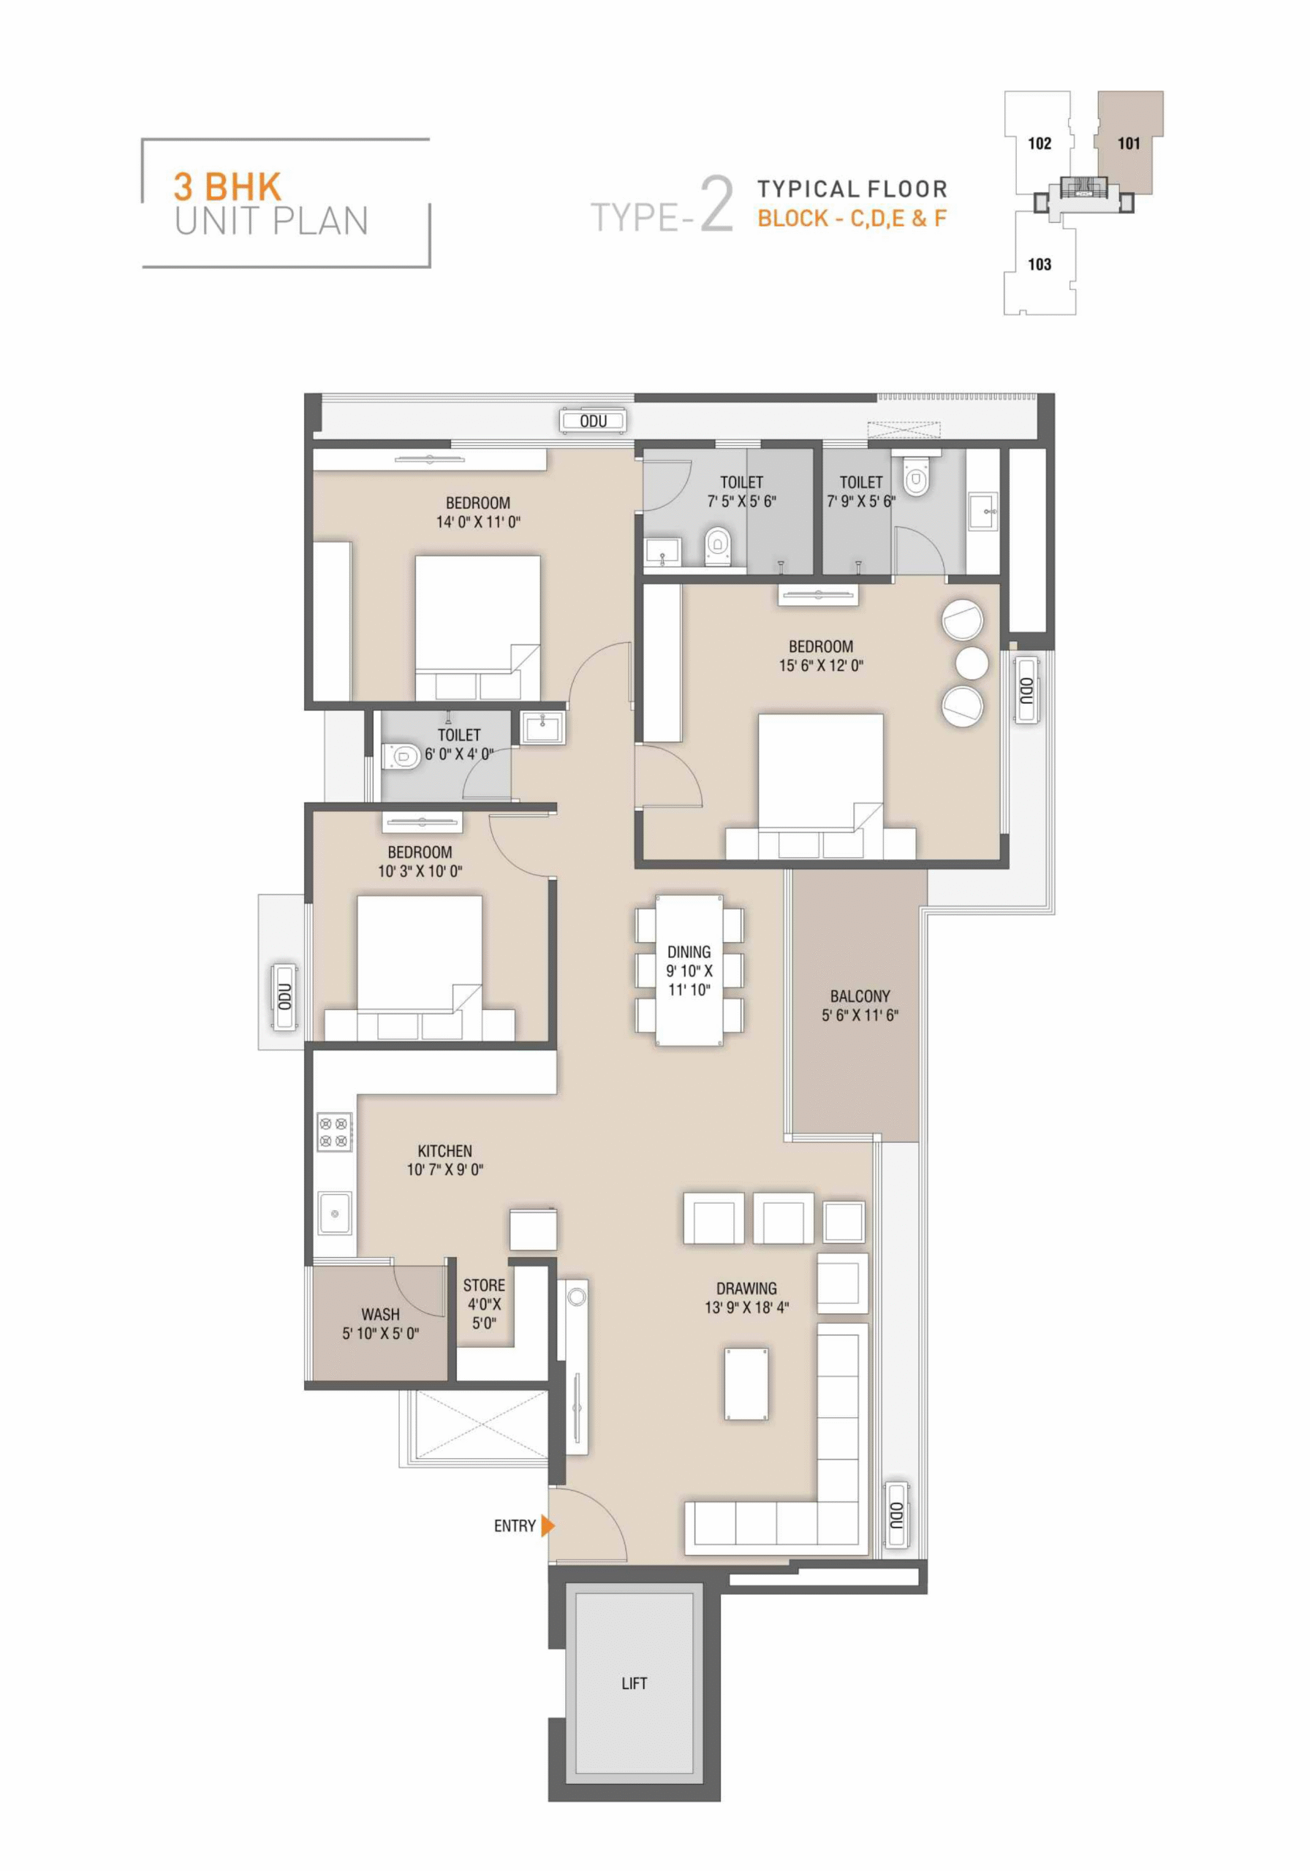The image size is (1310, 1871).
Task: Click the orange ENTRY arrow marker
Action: click(547, 1525)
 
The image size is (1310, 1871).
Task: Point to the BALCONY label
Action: click(860, 996)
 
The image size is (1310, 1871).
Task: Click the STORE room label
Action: click(484, 1286)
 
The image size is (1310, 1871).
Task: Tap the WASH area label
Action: click(381, 1314)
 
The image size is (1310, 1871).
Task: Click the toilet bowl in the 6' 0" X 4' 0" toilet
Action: click(401, 757)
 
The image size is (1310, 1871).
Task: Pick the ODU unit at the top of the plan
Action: click(594, 420)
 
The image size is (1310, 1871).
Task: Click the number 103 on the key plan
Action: click(1040, 264)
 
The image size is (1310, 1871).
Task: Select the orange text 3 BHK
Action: click(227, 186)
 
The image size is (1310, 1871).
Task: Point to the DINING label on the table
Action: click(689, 952)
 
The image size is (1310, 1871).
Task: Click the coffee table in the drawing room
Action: click(746, 1384)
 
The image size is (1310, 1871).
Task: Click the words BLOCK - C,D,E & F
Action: click(852, 219)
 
